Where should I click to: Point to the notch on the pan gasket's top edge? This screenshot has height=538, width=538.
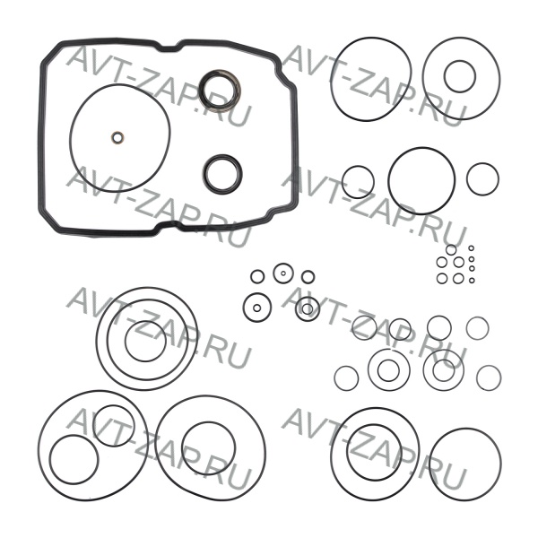170,49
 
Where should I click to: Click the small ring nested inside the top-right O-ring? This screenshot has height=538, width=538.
460,61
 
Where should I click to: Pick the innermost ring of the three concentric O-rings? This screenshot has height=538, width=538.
145,321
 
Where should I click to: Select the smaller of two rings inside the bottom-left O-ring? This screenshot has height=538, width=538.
114,405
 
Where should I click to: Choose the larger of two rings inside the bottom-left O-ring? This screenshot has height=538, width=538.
74,436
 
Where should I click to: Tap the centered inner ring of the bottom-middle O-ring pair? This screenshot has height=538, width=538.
208,422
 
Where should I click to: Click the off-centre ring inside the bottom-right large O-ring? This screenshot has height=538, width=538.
374,425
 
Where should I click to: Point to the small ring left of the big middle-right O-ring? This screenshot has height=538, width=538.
358,167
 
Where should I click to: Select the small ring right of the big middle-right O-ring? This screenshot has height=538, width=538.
482,164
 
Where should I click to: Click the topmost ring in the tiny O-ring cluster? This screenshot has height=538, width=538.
451,245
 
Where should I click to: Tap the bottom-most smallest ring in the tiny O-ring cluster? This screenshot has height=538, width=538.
472,278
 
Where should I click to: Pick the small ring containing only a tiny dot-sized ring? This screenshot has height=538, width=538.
283,264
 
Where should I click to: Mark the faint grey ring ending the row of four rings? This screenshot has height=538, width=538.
477,317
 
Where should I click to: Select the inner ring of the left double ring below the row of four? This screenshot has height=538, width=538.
388,360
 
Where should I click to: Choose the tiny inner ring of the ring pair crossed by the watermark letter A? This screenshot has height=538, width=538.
308,304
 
